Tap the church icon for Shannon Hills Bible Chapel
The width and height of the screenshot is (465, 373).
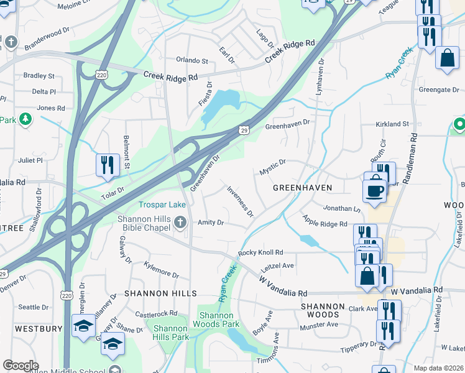click(x=181, y=223)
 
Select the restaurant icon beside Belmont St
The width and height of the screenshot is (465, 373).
click(x=108, y=165)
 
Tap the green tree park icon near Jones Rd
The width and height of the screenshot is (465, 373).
click(x=25, y=119)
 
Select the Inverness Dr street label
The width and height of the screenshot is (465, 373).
click(x=240, y=202)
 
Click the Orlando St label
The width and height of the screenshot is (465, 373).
click(x=191, y=61)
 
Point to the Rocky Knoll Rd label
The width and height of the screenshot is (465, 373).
click(x=260, y=252)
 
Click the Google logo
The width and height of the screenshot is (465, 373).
click(x=21, y=366)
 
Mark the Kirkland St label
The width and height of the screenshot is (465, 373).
click(x=392, y=124)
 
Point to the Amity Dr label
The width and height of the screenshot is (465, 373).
click(x=211, y=223)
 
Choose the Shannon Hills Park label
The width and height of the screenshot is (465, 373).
click(x=171, y=333)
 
